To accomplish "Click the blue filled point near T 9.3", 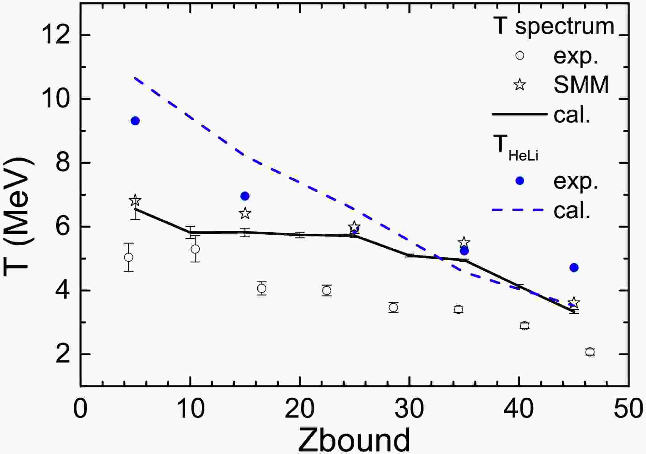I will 135,121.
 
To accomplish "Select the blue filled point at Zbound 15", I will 245,196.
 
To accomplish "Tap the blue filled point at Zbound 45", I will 574,267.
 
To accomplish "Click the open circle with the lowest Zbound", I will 129,257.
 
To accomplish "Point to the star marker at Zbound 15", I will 245,214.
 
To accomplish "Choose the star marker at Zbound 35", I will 464,242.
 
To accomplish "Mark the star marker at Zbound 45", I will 574,303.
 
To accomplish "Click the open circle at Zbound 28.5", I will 393,308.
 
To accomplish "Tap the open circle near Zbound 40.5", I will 525,326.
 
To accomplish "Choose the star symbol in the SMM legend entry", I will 519,84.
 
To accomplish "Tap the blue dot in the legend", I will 519,181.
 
